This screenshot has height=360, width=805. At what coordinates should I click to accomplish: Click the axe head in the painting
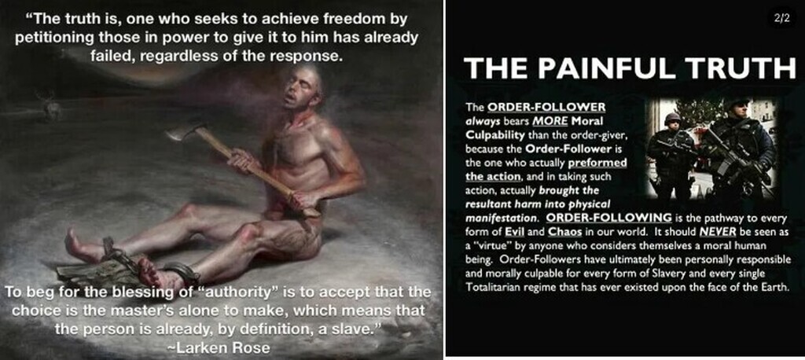point(181,133)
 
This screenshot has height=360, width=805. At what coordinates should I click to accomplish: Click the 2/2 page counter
point(782,19)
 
